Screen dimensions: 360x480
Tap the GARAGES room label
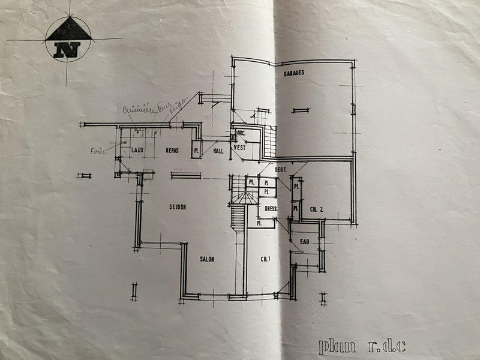tap(293, 73)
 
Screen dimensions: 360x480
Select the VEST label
tap(240, 147)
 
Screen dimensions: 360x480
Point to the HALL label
tap(218, 151)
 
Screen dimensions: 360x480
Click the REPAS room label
tap(173, 150)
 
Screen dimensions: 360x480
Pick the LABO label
tap(137, 150)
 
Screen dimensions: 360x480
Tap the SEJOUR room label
tap(177, 207)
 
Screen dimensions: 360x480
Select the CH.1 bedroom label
tap(264, 259)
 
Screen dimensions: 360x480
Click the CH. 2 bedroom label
tap(317, 209)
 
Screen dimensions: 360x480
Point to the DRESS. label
tap(271, 209)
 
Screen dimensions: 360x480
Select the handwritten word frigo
tap(175, 109)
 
